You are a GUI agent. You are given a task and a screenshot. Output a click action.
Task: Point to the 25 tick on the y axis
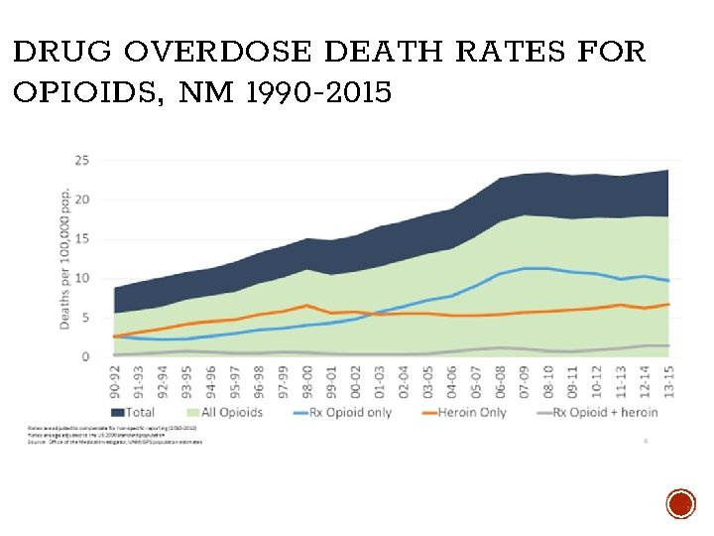[x=83, y=160]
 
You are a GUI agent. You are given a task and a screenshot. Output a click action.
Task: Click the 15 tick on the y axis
[x=83, y=238]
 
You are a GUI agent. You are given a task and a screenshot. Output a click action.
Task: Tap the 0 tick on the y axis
[x=86, y=356]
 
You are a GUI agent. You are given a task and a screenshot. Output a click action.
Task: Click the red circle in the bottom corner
[x=680, y=504]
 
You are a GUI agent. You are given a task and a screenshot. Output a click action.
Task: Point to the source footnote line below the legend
[x=114, y=441]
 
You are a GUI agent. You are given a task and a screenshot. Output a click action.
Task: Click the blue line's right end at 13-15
[x=668, y=281]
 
